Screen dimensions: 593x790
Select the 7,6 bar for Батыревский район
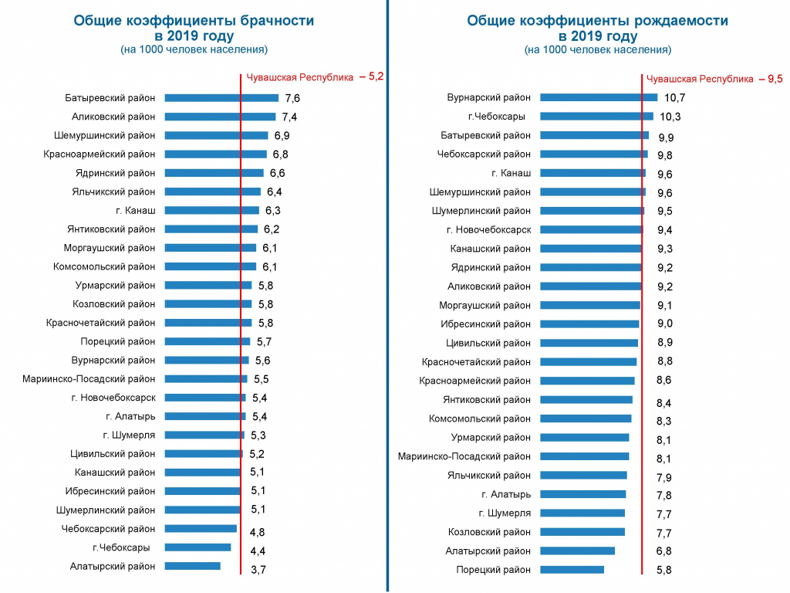coord(221,98)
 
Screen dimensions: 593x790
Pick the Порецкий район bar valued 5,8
coord(572,570)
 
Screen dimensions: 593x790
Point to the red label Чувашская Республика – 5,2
coord(314,77)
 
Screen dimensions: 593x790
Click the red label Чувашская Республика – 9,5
coord(714,79)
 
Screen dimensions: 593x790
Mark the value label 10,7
coord(674,98)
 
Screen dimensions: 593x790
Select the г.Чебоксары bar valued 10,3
coord(596,117)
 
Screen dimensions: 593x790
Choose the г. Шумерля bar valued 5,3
coord(204,435)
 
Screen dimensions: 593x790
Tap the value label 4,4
coord(258,551)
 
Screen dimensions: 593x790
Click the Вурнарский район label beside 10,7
coord(489,98)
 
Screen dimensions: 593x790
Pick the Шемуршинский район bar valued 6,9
coord(216,135)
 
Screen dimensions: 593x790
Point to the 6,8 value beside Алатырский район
coord(664,551)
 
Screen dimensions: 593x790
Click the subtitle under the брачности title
coord(194,49)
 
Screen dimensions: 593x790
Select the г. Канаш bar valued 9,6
coord(592,173)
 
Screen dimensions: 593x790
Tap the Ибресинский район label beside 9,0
coord(486,324)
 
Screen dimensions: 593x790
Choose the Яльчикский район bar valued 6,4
coord(213,191)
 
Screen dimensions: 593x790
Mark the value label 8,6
coord(664,381)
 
